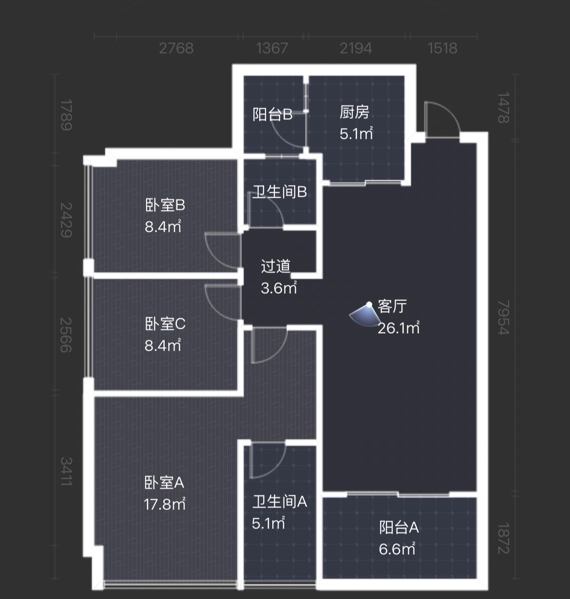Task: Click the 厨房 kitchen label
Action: coord(354,112)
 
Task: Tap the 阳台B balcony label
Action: coord(272,114)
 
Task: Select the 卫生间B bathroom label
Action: coord(280,192)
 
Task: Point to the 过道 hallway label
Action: coord(276,266)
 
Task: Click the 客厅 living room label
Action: coord(392,306)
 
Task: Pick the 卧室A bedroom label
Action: coord(164,483)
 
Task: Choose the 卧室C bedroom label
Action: coord(165,324)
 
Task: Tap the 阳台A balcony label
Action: coord(399,527)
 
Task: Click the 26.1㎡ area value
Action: coord(399,328)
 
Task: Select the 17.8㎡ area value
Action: coord(165,505)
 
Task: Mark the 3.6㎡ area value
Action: coord(279,288)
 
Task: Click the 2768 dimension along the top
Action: coord(176,48)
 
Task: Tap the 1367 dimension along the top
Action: coord(272,48)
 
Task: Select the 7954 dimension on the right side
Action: coord(504,318)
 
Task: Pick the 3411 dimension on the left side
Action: coord(66,471)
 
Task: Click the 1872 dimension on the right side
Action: coord(504,538)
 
